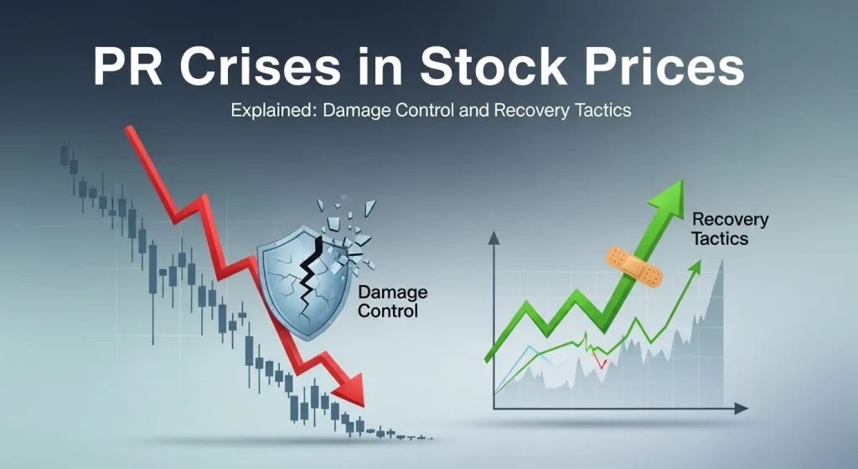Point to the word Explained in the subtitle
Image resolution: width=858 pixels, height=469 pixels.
[x=264, y=111]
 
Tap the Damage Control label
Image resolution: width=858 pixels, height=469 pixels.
[x=392, y=302]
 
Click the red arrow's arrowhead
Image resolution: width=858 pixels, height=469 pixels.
[x=351, y=389]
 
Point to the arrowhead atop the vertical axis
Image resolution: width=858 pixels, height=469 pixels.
[x=494, y=238]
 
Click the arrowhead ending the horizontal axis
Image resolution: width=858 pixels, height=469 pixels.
[x=741, y=409]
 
